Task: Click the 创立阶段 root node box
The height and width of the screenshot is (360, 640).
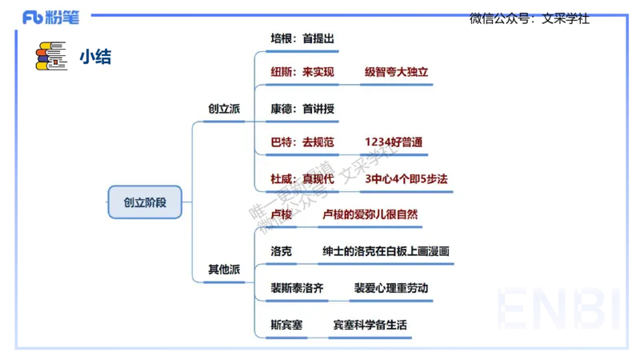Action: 145,202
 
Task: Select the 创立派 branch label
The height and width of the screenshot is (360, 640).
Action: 224,108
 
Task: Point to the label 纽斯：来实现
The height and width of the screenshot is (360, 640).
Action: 302,72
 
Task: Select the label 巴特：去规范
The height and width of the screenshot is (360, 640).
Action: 302,142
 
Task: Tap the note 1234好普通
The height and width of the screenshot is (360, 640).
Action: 393,142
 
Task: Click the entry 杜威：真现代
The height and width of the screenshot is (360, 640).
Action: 302,178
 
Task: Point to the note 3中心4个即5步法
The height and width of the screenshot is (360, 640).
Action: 406,178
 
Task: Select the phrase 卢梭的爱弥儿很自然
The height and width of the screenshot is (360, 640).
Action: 370,214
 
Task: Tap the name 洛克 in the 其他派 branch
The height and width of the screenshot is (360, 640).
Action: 282,251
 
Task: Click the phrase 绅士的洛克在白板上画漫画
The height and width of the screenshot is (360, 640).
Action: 386,251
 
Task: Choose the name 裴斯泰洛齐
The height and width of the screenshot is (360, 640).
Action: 298,288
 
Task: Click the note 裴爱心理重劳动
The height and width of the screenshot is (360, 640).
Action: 391,288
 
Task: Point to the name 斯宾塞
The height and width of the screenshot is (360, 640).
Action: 286,325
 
